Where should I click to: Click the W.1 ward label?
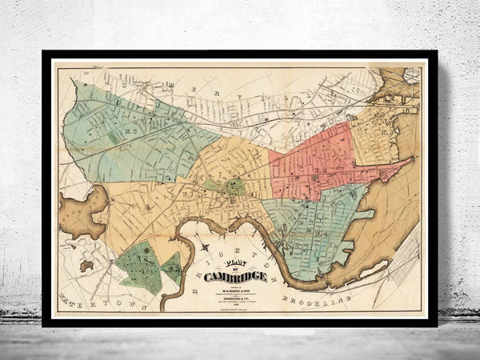[x=186, y=190]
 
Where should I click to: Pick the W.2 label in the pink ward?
[x=320, y=170]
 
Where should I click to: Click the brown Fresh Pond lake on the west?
[x=82, y=213]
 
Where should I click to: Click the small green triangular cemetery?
[x=172, y=267]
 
